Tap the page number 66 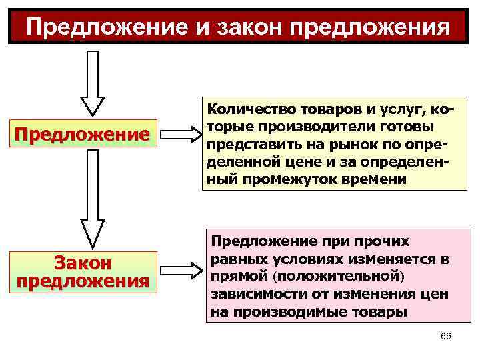point(446,336)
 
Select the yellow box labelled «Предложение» point(83,135)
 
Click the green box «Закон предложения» point(83,271)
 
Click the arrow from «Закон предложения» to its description point(181,271)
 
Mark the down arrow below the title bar point(93,83)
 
